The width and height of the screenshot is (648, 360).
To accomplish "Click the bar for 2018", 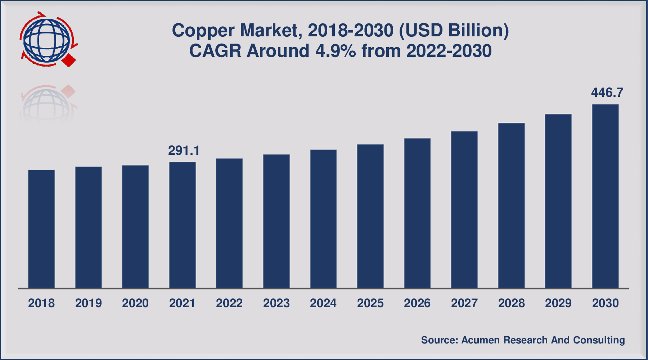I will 41,229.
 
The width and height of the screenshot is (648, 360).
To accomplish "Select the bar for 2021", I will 183,225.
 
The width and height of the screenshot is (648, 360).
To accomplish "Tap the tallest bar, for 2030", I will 605,196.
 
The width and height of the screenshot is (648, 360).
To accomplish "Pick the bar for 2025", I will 370,216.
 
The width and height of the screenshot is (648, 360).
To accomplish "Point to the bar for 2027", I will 464,209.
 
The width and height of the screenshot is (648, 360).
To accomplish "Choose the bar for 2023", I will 276,221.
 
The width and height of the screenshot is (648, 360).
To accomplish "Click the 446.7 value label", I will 607,93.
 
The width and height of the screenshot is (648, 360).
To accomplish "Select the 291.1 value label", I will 184,150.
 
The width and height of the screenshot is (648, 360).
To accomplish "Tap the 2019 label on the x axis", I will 89,303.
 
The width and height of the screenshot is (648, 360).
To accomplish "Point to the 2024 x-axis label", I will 323,303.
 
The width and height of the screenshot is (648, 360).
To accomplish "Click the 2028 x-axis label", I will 511,303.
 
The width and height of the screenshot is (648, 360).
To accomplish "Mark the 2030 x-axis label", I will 605,303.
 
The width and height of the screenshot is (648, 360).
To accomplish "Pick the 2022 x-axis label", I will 229,303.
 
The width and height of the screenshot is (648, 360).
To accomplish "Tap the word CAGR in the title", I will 215,51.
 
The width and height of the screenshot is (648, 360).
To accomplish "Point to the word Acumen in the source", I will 480,340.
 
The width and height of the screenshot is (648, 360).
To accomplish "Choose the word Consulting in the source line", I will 599,340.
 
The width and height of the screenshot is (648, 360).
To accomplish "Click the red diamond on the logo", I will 69,60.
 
